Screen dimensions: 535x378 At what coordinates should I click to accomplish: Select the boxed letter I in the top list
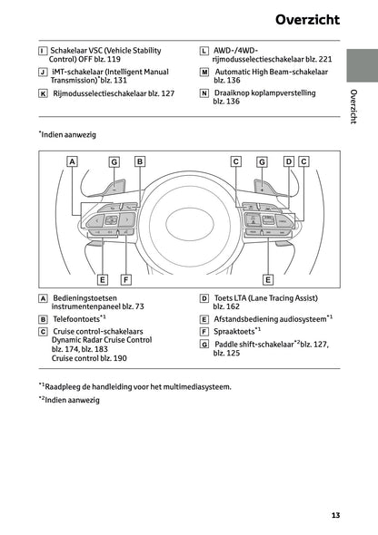pyautogui.click(x=43, y=51)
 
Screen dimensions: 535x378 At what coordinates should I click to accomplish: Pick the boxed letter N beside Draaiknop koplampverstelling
pyautogui.click(x=204, y=92)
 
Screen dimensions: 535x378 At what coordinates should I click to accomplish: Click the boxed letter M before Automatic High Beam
pyautogui.click(x=204, y=72)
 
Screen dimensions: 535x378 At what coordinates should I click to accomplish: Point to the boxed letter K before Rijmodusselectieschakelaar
pyautogui.click(x=43, y=92)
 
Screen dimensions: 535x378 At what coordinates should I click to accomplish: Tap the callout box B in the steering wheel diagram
pyautogui.click(x=140, y=161)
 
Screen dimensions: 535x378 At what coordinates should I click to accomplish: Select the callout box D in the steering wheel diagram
pyautogui.click(x=288, y=161)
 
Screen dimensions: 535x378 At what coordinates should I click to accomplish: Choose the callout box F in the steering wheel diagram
pyautogui.click(x=125, y=279)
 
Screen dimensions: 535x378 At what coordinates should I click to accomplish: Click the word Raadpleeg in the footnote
pyautogui.click(x=69, y=385)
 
